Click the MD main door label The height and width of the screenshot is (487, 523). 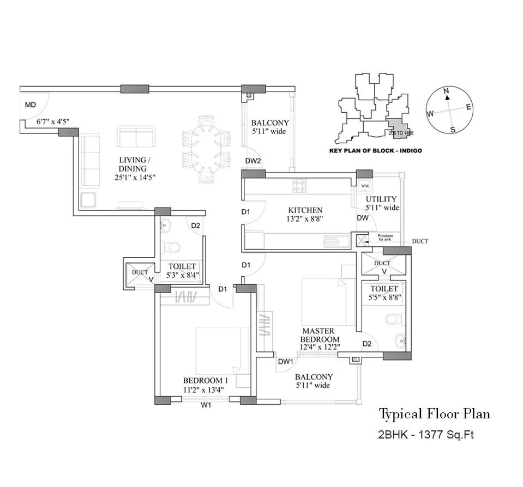[31, 105]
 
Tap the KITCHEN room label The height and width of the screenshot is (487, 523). [305, 210]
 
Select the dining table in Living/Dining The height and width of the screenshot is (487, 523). [203, 147]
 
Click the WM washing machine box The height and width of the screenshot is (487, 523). [365, 186]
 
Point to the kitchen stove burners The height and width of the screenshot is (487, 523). [299, 186]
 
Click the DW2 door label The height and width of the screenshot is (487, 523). [253, 161]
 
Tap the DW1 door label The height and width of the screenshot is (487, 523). [286, 361]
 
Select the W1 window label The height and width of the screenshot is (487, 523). [206, 406]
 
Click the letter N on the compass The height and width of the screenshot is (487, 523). [446, 90]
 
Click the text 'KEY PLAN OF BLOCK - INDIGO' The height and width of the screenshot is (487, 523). [376, 150]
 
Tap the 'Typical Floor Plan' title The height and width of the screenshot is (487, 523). [434, 414]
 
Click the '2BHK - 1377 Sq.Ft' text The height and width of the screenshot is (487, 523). [422, 435]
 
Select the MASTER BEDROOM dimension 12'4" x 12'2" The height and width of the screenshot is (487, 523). [320, 347]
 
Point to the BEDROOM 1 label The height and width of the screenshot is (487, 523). [206, 380]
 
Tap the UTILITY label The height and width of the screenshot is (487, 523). [382, 199]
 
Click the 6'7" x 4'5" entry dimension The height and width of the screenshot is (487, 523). [53, 121]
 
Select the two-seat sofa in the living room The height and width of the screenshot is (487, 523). [136, 137]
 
